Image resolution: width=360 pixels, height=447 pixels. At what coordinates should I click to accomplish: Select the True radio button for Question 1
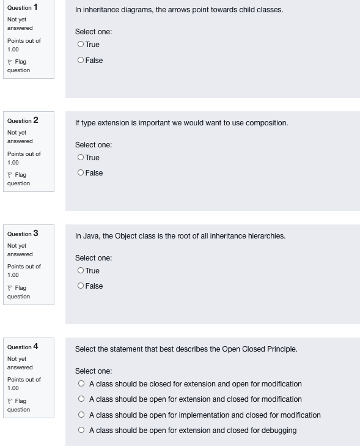[x=81, y=45]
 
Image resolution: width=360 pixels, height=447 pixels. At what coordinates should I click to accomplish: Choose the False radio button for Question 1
[x=81, y=60]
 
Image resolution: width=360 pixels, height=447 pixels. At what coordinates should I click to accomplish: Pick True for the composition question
[x=81, y=158]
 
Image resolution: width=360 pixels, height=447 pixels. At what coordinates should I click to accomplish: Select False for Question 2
[x=81, y=173]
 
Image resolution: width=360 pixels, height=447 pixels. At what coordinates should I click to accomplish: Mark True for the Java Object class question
[x=81, y=271]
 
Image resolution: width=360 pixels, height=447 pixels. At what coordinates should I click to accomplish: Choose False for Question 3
[x=81, y=286]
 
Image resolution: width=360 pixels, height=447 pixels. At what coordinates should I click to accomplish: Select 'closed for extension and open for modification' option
[x=81, y=384]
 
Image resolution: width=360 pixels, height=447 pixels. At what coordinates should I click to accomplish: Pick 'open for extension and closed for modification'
[x=81, y=399]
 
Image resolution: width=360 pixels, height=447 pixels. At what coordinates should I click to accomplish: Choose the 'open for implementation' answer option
[x=81, y=415]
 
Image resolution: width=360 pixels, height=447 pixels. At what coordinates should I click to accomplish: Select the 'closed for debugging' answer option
[x=81, y=430]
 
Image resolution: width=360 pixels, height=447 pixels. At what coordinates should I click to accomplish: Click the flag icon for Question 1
[x=10, y=62]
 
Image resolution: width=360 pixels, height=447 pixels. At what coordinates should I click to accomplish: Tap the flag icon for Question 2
[x=10, y=175]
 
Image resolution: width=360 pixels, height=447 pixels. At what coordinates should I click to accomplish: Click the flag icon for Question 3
[x=10, y=288]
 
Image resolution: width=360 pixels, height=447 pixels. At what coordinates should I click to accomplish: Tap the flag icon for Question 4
[x=10, y=401]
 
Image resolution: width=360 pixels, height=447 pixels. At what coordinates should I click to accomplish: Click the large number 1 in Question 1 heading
[x=35, y=7]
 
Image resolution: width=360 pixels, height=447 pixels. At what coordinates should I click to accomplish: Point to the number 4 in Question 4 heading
[x=35, y=347]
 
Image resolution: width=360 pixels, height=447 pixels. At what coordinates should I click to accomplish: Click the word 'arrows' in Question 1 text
[x=168, y=10]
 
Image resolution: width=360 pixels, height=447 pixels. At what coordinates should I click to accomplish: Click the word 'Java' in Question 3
[x=92, y=236]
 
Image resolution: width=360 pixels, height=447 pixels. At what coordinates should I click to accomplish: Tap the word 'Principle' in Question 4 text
[x=282, y=349]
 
